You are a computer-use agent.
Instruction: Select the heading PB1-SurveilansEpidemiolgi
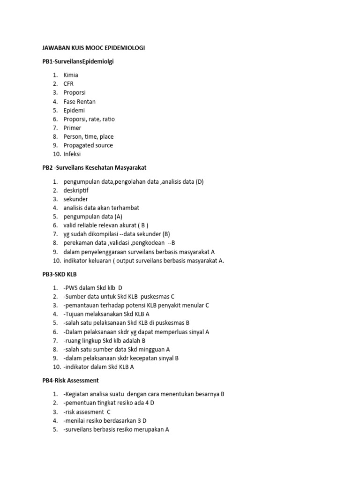tap(78, 61)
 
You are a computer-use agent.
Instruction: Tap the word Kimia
tap(71, 75)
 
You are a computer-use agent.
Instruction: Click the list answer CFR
tap(68, 84)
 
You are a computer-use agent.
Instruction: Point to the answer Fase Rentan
tap(79, 101)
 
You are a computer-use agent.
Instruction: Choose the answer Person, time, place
tap(89, 136)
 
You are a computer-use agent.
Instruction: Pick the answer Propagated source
tap(88, 145)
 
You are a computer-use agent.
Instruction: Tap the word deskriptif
tap(76, 190)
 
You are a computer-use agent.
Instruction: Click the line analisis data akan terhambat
tap(101, 208)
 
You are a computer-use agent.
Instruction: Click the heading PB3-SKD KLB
tap(60, 274)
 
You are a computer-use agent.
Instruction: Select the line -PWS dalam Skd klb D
tap(93, 287)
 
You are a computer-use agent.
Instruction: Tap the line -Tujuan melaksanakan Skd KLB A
tap(106, 314)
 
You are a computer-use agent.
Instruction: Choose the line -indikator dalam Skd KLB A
tap(99, 367)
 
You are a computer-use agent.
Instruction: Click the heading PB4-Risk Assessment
tap(70, 380)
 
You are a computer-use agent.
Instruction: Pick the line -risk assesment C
tap(87, 411)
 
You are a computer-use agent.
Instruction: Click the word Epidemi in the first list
tap(74, 110)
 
